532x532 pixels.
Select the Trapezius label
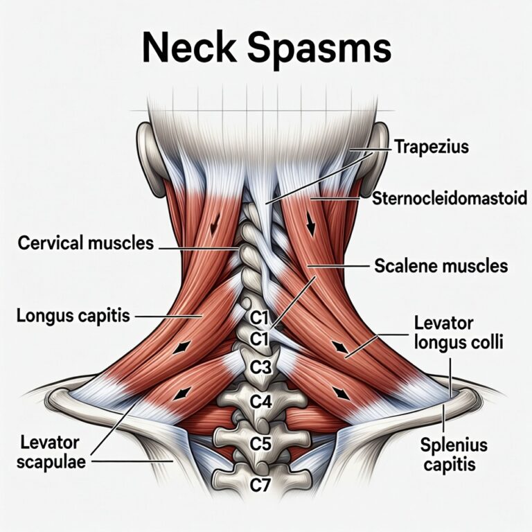click(432, 148)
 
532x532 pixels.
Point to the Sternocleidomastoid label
click(450, 198)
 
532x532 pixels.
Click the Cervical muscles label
click(85, 243)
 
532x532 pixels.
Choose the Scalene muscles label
click(441, 266)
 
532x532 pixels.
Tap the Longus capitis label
click(73, 316)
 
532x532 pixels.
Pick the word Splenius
click(454, 445)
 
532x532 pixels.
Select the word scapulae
click(51, 462)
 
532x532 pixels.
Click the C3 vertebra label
click(260, 367)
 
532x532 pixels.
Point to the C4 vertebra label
click(260, 402)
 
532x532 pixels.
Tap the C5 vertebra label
click(260, 443)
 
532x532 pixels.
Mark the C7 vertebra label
click(260, 485)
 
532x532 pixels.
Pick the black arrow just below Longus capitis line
click(181, 348)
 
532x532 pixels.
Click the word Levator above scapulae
click(50, 443)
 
